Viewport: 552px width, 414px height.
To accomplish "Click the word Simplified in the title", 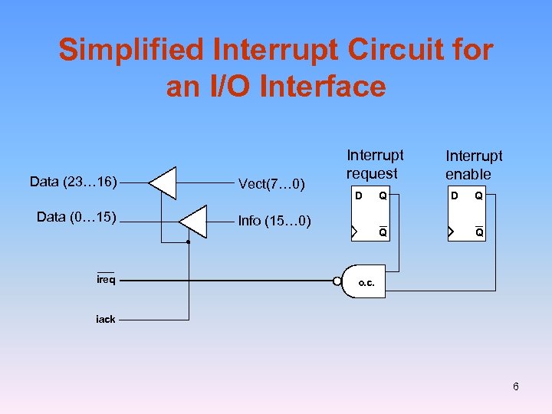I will point(134,51).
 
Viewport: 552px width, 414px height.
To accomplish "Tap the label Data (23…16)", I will point(73,182).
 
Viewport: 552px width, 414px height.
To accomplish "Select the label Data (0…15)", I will point(77,217).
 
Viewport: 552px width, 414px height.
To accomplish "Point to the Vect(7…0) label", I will point(271,183).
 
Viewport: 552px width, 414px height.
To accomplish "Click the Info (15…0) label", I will point(274,222).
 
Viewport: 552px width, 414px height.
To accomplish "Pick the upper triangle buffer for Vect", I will point(163,182).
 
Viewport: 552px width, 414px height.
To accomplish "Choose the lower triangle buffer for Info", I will point(194,222).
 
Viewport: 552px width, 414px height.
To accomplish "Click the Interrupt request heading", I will point(375,164).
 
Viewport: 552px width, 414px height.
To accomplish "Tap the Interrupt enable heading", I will point(473,165).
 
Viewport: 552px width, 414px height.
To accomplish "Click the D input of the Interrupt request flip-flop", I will point(357,196).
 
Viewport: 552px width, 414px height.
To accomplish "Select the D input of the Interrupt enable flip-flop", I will point(455,196).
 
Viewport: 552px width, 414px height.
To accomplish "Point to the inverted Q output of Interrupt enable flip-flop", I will point(478,231).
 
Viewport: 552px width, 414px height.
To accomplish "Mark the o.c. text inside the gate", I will point(366,283).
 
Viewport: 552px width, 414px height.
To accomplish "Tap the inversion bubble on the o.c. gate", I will point(338,281).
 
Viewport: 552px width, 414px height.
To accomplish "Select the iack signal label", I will point(105,319).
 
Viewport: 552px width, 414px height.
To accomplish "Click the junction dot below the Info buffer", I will point(188,242).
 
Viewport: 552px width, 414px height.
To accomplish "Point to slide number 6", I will point(516,386).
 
